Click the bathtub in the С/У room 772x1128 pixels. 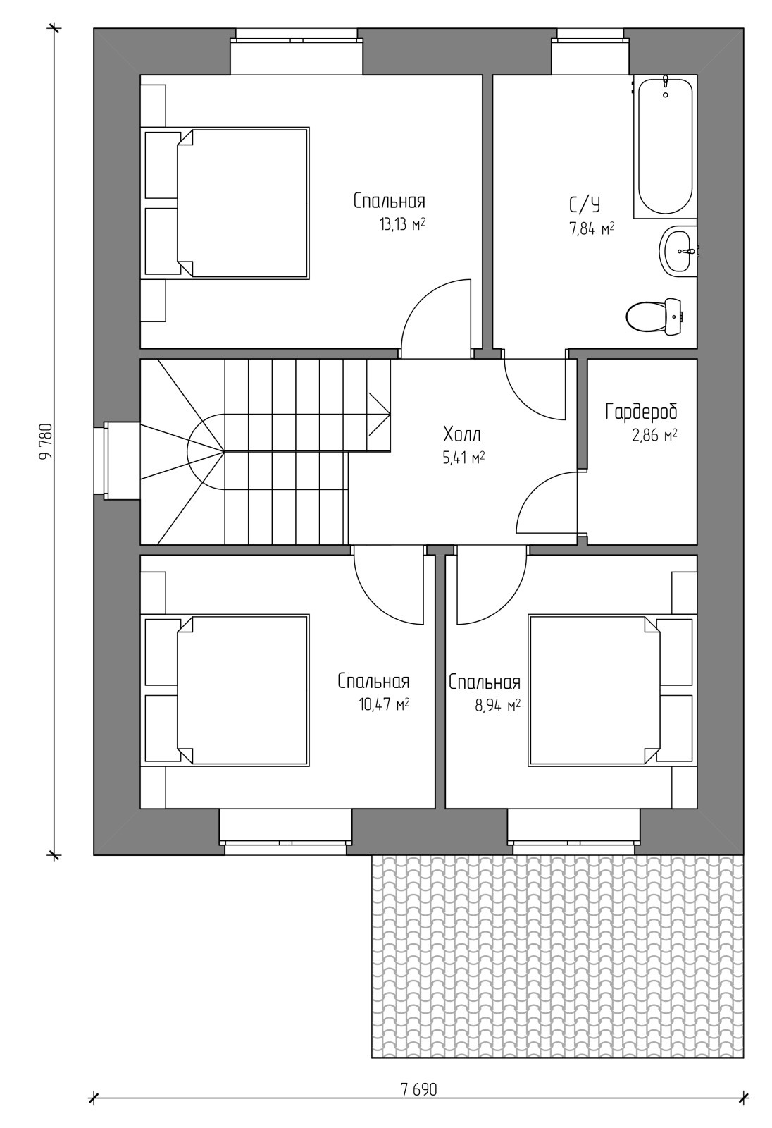coord(666,146)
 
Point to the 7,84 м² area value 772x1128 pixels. coord(592,229)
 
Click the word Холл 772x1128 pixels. coord(462,434)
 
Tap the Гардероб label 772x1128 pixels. coord(641,412)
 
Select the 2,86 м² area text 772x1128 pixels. coord(654,435)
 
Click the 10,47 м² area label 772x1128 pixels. coord(384,704)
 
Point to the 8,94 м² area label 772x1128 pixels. coord(498,706)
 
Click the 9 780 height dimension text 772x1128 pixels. coord(45,441)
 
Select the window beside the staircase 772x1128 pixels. coord(117,461)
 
